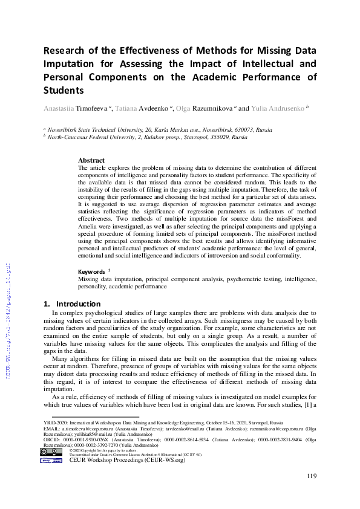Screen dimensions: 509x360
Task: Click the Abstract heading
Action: point(91,160)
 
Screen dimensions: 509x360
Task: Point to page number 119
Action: point(311,476)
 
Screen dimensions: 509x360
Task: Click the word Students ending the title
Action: point(63,90)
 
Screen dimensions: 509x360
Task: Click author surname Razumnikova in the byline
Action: point(214,109)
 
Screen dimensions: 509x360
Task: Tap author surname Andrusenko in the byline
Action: point(284,109)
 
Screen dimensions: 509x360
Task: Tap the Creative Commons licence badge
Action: point(51,452)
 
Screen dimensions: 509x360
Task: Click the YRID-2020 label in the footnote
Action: point(56,423)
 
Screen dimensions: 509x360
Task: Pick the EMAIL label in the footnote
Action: point(51,429)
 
